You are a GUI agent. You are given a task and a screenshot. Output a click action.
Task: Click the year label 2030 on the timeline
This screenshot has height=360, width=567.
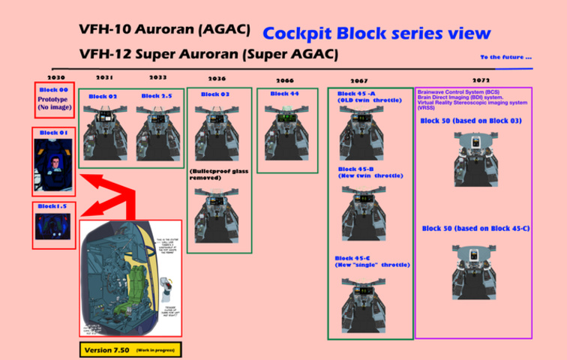(56, 77)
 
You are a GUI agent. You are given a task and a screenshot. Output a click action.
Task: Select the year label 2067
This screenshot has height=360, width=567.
(358, 80)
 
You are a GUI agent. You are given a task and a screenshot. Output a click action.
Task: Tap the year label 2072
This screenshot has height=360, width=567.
(481, 79)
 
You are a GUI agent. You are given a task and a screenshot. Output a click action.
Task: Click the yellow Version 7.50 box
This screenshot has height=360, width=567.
(130, 349)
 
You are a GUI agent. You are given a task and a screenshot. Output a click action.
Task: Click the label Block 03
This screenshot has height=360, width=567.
(214, 94)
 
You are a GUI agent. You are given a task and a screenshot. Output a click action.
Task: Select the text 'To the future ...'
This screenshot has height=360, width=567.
(506, 57)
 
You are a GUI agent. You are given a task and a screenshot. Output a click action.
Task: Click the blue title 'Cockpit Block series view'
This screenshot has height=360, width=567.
(376, 34)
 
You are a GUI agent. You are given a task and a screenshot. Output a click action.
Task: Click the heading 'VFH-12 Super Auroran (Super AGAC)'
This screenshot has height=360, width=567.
(208, 55)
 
